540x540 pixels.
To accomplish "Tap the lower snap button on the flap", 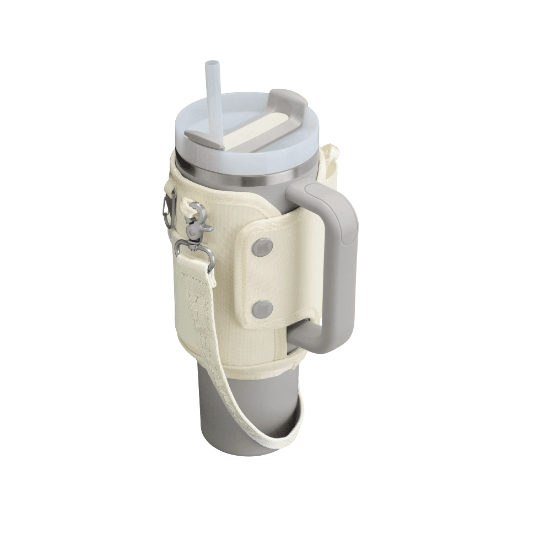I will click(263, 309).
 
